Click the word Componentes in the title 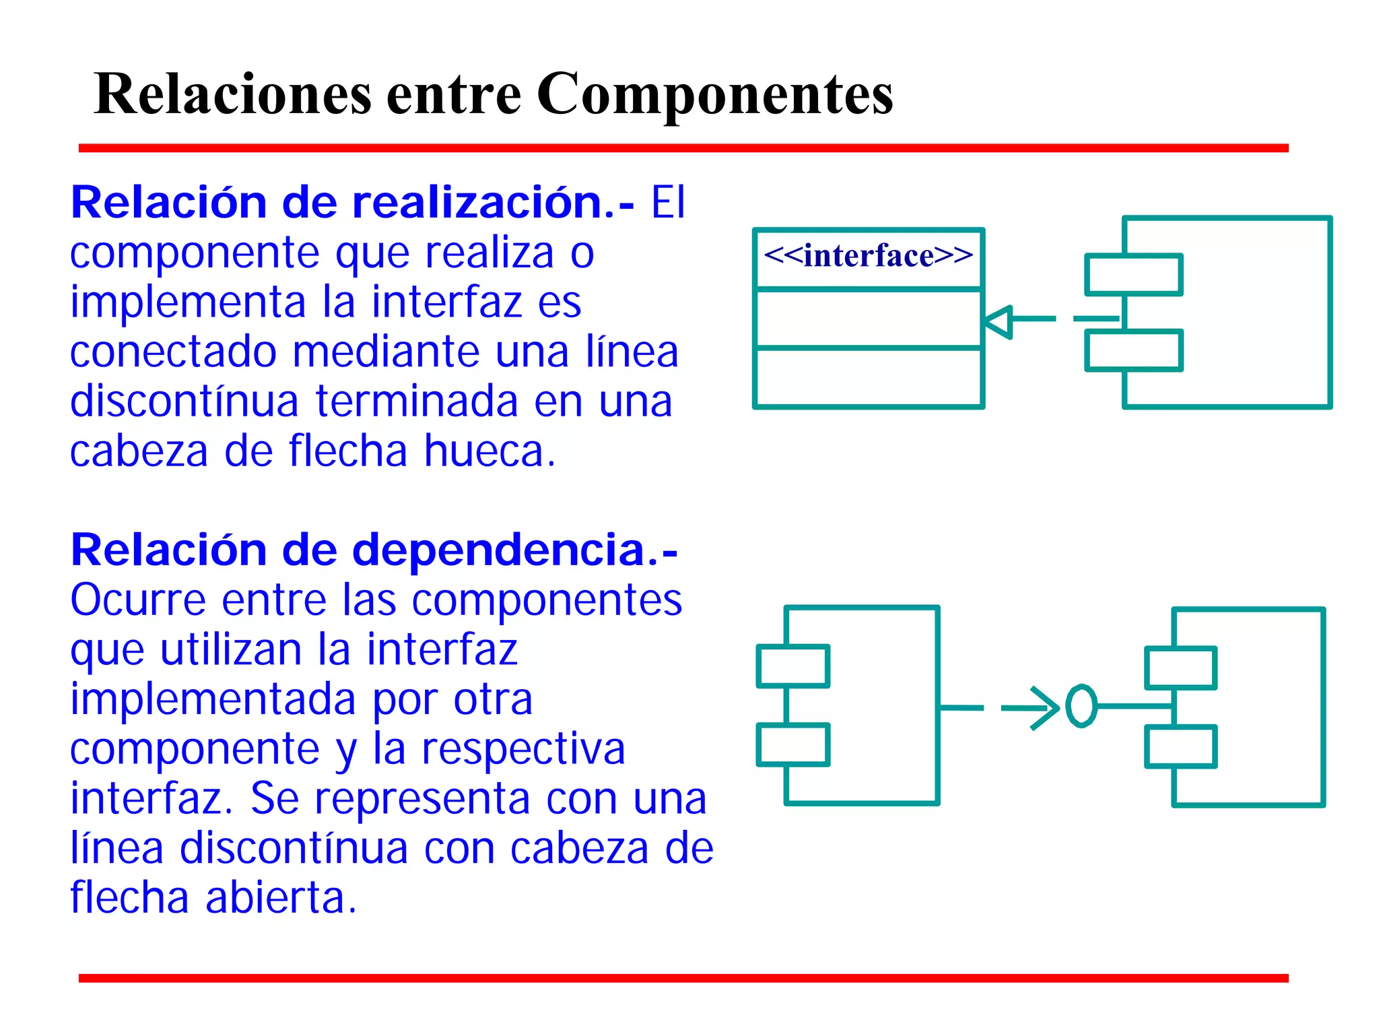coord(714,94)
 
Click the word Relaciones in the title coord(232,94)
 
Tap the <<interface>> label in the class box coord(868,256)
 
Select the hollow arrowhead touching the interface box coord(999,321)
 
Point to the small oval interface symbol coord(1081,707)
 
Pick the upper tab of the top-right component coord(1134,275)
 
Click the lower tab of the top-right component coord(1134,350)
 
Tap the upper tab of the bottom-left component coord(793,666)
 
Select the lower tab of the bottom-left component coord(793,745)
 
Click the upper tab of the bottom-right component coord(1180,668)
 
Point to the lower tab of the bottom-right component coord(1180,746)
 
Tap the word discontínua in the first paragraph coord(184,401)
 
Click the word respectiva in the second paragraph coord(523,749)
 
